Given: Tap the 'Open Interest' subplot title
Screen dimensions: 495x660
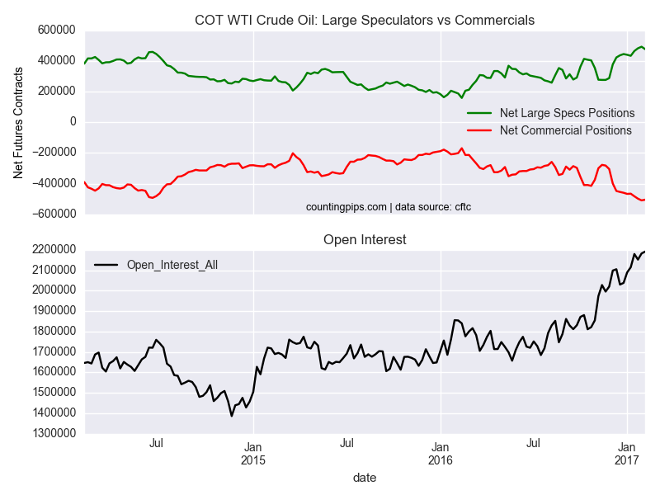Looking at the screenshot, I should coord(364,239).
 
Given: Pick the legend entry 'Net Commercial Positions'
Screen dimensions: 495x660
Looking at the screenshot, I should coord(566,130).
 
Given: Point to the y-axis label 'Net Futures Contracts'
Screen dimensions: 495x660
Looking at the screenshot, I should coord(17,122).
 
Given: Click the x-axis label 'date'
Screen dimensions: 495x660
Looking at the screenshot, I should coord(364,477).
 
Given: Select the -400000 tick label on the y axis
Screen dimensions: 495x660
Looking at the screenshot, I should coord(50,183).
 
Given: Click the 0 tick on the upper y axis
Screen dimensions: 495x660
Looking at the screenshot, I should coord(73,122).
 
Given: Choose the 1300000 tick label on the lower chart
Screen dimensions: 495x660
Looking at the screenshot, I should coord(50,434).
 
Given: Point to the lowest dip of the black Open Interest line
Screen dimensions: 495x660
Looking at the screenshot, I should coord(232,416).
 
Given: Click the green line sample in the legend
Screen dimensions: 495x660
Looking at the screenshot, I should coord(479,113).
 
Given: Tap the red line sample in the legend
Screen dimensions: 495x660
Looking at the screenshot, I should coord(479,130).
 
